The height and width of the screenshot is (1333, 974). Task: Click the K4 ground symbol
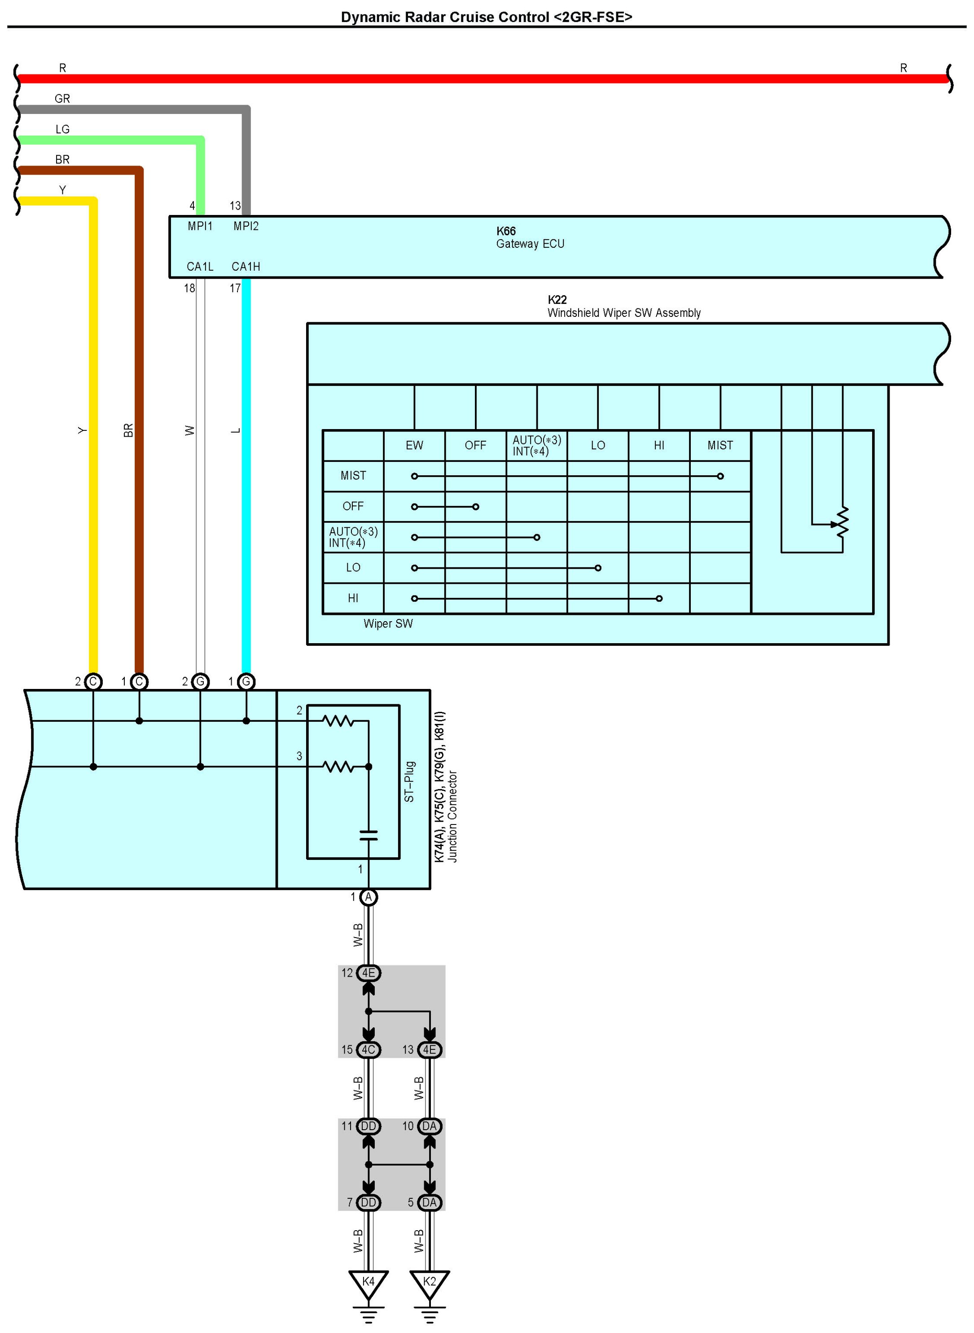368,1283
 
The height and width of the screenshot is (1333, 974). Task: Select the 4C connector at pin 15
368,1049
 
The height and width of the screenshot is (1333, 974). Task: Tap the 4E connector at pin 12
368,973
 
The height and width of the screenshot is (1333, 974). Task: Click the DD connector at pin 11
368,1126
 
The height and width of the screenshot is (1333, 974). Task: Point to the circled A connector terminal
368,897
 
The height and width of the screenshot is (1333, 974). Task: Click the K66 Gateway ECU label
530,237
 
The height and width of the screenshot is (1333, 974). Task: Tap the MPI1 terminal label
200,226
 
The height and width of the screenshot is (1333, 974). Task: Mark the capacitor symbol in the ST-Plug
368,835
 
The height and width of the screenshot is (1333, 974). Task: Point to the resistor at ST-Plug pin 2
338,720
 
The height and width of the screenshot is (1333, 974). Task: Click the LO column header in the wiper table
597,446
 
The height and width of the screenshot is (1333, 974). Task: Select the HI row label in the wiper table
353,598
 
